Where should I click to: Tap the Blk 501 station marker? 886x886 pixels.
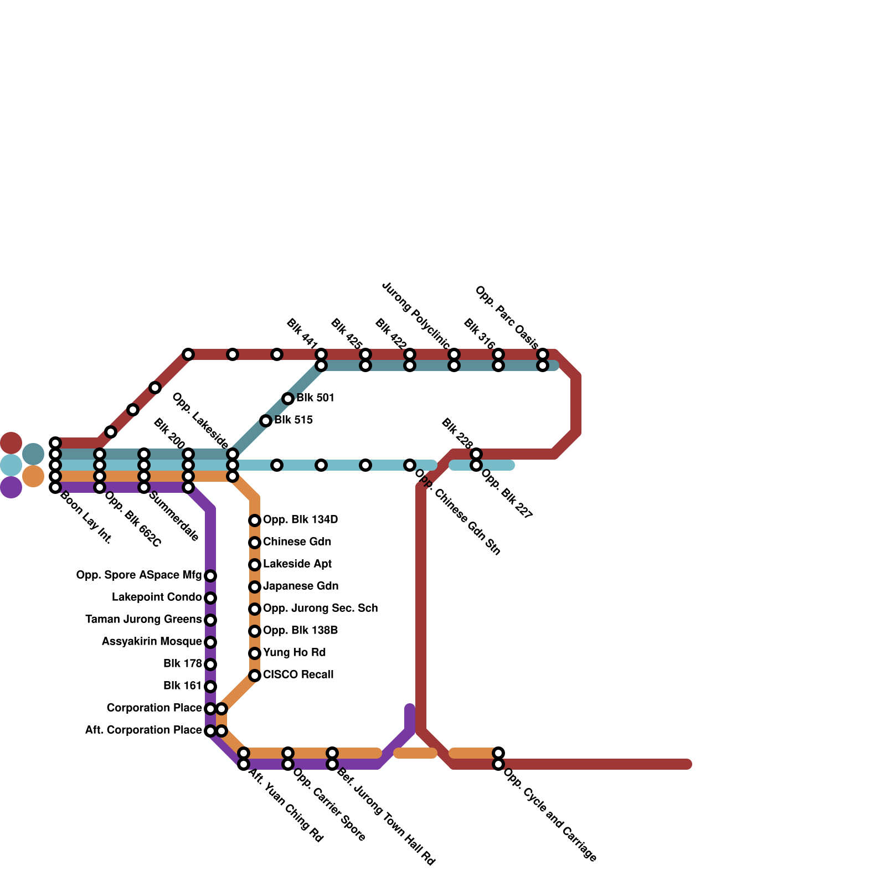(288, 399)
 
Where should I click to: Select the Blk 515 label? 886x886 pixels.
(293, 420)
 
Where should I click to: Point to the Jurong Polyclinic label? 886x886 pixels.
(416, 316)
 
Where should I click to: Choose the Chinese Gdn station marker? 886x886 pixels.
(255, 543)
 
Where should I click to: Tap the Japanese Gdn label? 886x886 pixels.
(301, 586)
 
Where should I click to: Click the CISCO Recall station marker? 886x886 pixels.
(255, 676)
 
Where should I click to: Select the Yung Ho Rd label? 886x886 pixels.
(294, 653)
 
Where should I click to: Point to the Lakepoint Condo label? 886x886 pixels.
(157, 597)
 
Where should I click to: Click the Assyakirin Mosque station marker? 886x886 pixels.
(210, 642)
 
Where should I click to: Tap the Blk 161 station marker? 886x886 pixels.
(210, 687)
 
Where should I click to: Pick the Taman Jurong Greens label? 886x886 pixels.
(143, 620)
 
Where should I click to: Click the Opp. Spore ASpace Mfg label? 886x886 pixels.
(139, 575)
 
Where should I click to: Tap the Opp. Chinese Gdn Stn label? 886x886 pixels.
(457, 512)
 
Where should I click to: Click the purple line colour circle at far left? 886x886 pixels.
(11, 487)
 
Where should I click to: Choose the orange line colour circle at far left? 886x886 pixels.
(33, 476)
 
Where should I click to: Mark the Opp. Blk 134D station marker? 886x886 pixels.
(255, 521)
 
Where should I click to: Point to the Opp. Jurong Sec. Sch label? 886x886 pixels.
(320, 609)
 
